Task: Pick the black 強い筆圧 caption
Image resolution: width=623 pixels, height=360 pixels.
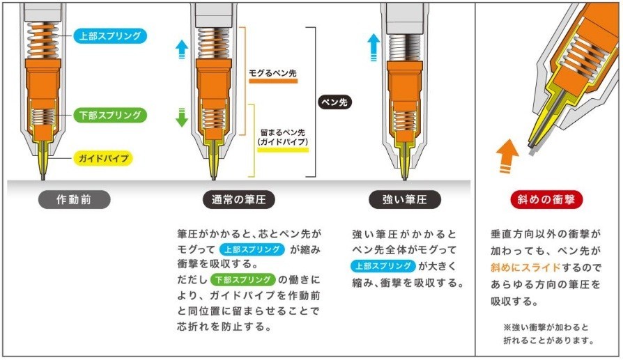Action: pyautogui.click(x=407, y=200)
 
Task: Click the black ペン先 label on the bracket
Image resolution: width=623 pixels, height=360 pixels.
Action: pyautogui.click(x=334, y=102)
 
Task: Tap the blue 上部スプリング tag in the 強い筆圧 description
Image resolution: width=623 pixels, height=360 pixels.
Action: pyautogui.click(x=383, y=265)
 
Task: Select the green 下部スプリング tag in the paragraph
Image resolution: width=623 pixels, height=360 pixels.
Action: pyautogui.click(x=243, y=280)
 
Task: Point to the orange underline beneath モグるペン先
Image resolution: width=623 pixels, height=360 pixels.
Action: pyautogui.click(x=273, y=81)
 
